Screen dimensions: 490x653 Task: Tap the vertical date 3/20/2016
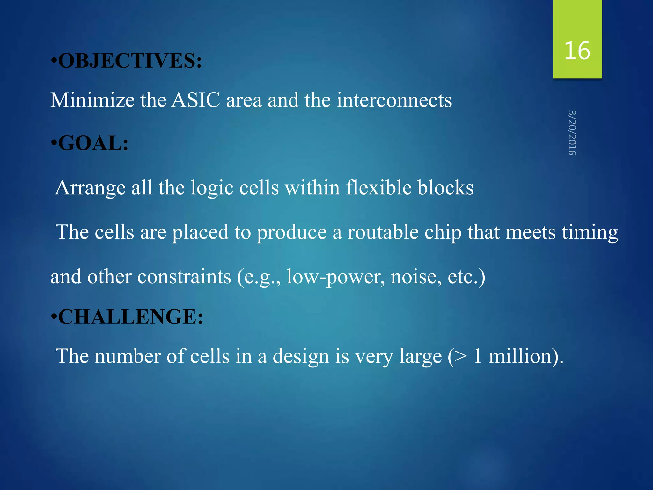click(572, 133)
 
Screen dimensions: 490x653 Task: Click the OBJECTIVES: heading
click(130, 60)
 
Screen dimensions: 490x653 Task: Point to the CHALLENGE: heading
click(130, 317)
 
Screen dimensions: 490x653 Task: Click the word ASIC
click(196, 100)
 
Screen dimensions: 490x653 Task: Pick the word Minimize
click(92, 100)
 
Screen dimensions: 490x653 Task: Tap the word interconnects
click(394, 100)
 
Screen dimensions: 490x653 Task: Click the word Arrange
click(90, 188)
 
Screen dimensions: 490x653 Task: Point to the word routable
click(383, 232)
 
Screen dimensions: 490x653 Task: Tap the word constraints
click(184, 276)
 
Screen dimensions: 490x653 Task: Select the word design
click(301, 357)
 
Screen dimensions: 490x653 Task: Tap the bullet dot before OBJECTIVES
click(54, 61)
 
